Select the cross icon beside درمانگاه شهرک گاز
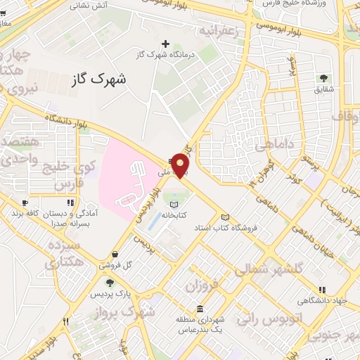pyautogui.click(x=165, y=44)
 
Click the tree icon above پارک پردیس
pyautogui.click(x=110, y=283)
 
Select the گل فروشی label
pyautogui.click(x=117, y=264)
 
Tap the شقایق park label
pyautogui.click(x=323, y=89)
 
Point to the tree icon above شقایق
pyautogui.click(x=323, y=78)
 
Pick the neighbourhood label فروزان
pyautogui.click(x=204, y=285)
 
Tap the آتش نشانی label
pyautogui.click(x=89, y=5)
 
